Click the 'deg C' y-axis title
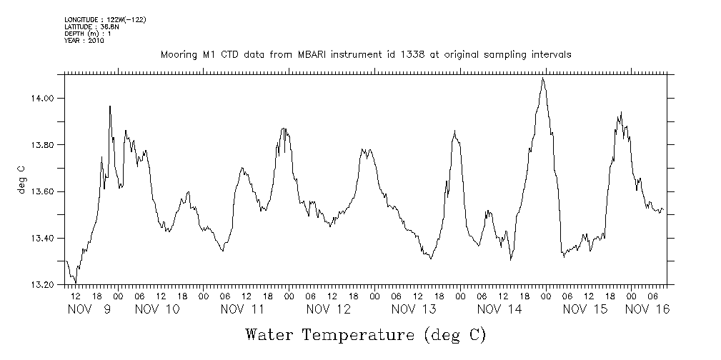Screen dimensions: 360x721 (x=21, y=179)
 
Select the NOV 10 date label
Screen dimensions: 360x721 (x=157, y=309)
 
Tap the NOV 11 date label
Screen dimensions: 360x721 (x=243, y=309)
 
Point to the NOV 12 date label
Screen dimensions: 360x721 (x=329, y=309)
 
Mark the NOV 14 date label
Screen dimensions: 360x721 (x=499, y=309)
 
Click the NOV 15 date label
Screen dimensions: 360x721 (x=585, y=309)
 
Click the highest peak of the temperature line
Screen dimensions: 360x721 (x=543, y=78)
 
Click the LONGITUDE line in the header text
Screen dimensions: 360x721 (x=105, y=19)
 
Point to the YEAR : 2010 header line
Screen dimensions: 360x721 (x=84, y=41)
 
